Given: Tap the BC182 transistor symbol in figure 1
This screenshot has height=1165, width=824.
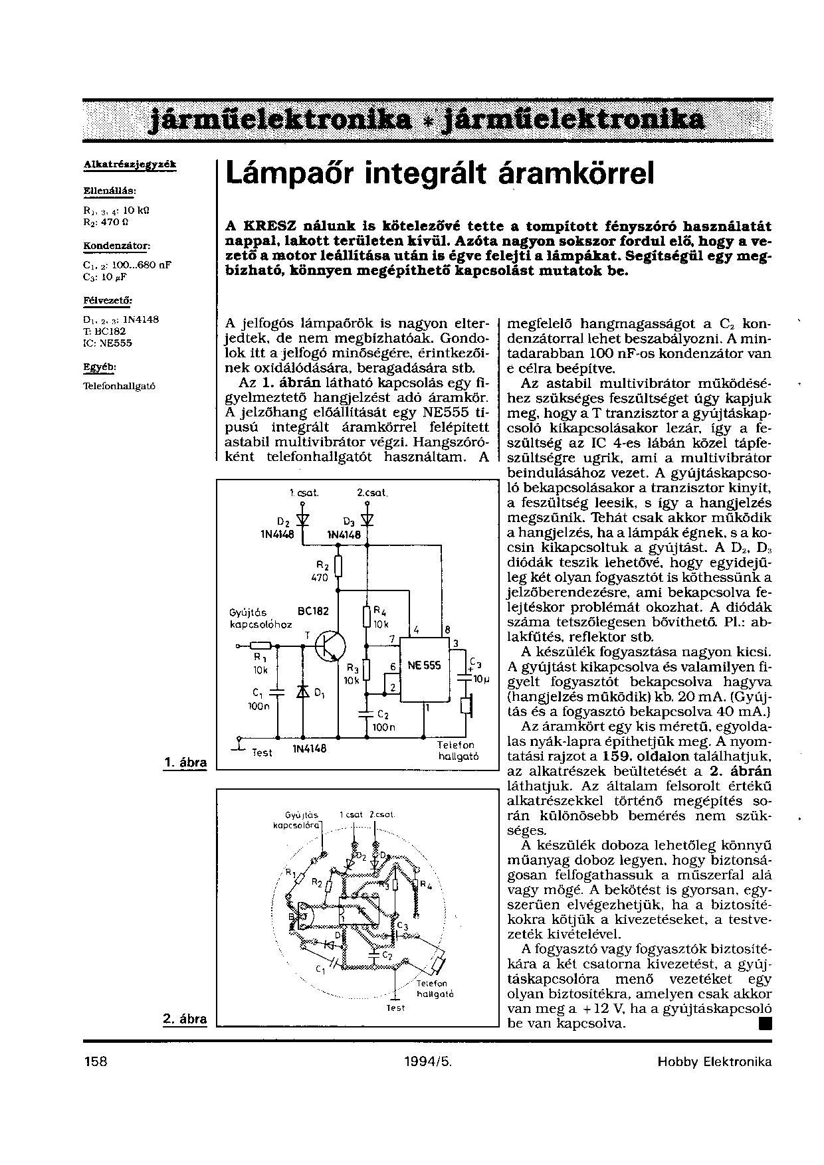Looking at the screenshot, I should point(330,645).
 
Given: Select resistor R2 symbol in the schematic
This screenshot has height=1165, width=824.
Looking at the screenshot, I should point(338,566).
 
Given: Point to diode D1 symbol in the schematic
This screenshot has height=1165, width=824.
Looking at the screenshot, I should point(304,692).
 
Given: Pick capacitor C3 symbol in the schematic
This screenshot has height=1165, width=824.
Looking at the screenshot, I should point(464,671).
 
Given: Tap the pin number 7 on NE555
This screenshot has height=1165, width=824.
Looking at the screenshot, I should point(393,639).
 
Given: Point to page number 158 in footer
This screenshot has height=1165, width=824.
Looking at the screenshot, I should point(96,1061).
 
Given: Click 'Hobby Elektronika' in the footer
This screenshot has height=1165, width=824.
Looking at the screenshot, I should point(714,1061).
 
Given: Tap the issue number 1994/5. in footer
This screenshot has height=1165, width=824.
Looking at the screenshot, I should point(428,1061).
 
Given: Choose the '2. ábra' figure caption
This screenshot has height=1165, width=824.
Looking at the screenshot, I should point(185,1018).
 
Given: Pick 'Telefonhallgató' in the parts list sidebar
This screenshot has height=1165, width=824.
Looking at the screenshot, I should point(120,386).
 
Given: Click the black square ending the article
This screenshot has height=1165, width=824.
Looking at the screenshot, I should point(765,1023).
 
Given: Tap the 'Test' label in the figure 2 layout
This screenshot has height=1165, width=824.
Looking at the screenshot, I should point(395,1008).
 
